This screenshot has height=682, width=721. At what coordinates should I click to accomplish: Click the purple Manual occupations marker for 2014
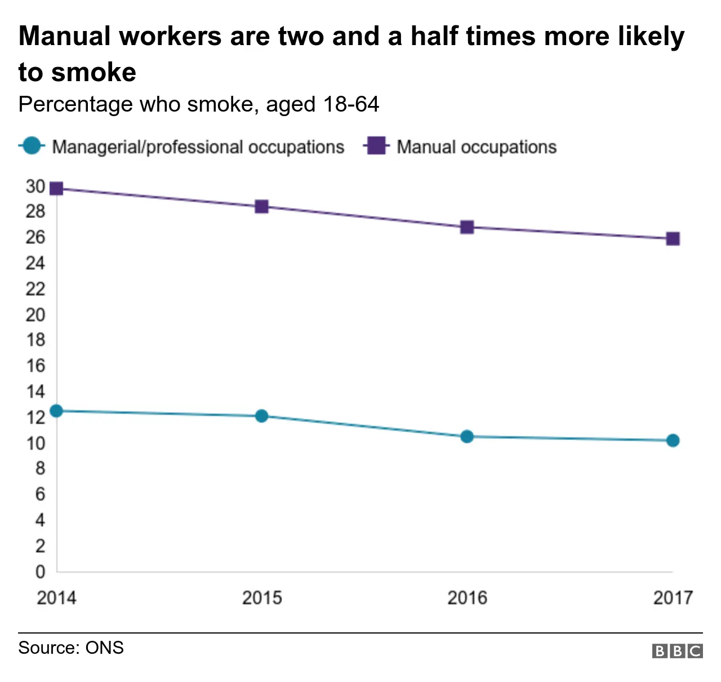[56, 188]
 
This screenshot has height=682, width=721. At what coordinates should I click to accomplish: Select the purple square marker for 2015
[261, 207]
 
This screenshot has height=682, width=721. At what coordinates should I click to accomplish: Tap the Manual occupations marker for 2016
[467, 227]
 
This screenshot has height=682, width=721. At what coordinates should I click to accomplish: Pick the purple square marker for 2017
[673, 239]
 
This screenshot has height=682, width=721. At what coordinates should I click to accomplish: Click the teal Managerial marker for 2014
[56, 411]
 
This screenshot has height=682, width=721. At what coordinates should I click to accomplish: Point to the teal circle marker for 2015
[261, 416]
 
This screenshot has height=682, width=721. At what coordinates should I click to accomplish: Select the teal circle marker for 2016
[467, 436]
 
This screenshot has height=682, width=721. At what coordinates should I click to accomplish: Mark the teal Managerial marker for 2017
[673, 440]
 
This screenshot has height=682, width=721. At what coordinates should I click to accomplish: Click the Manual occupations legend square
[376, 146]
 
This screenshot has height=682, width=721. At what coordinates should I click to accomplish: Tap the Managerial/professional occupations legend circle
[32, 146]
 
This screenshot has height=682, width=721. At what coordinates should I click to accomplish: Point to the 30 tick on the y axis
[35, 187]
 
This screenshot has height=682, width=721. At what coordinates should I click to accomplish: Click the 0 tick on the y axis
[40, 572]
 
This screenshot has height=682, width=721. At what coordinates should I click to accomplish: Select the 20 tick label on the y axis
[35, 315]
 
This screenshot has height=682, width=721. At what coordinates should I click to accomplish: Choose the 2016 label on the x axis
[467, 597]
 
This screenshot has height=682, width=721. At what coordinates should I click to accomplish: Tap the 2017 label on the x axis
[673, 597]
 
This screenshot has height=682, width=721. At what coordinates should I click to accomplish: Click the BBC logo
[677, 651]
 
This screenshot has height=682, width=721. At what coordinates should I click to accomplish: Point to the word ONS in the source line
[104, 648]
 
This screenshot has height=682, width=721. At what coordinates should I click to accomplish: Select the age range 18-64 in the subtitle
[351, 104]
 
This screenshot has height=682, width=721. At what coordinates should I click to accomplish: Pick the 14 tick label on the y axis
[35, 392]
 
